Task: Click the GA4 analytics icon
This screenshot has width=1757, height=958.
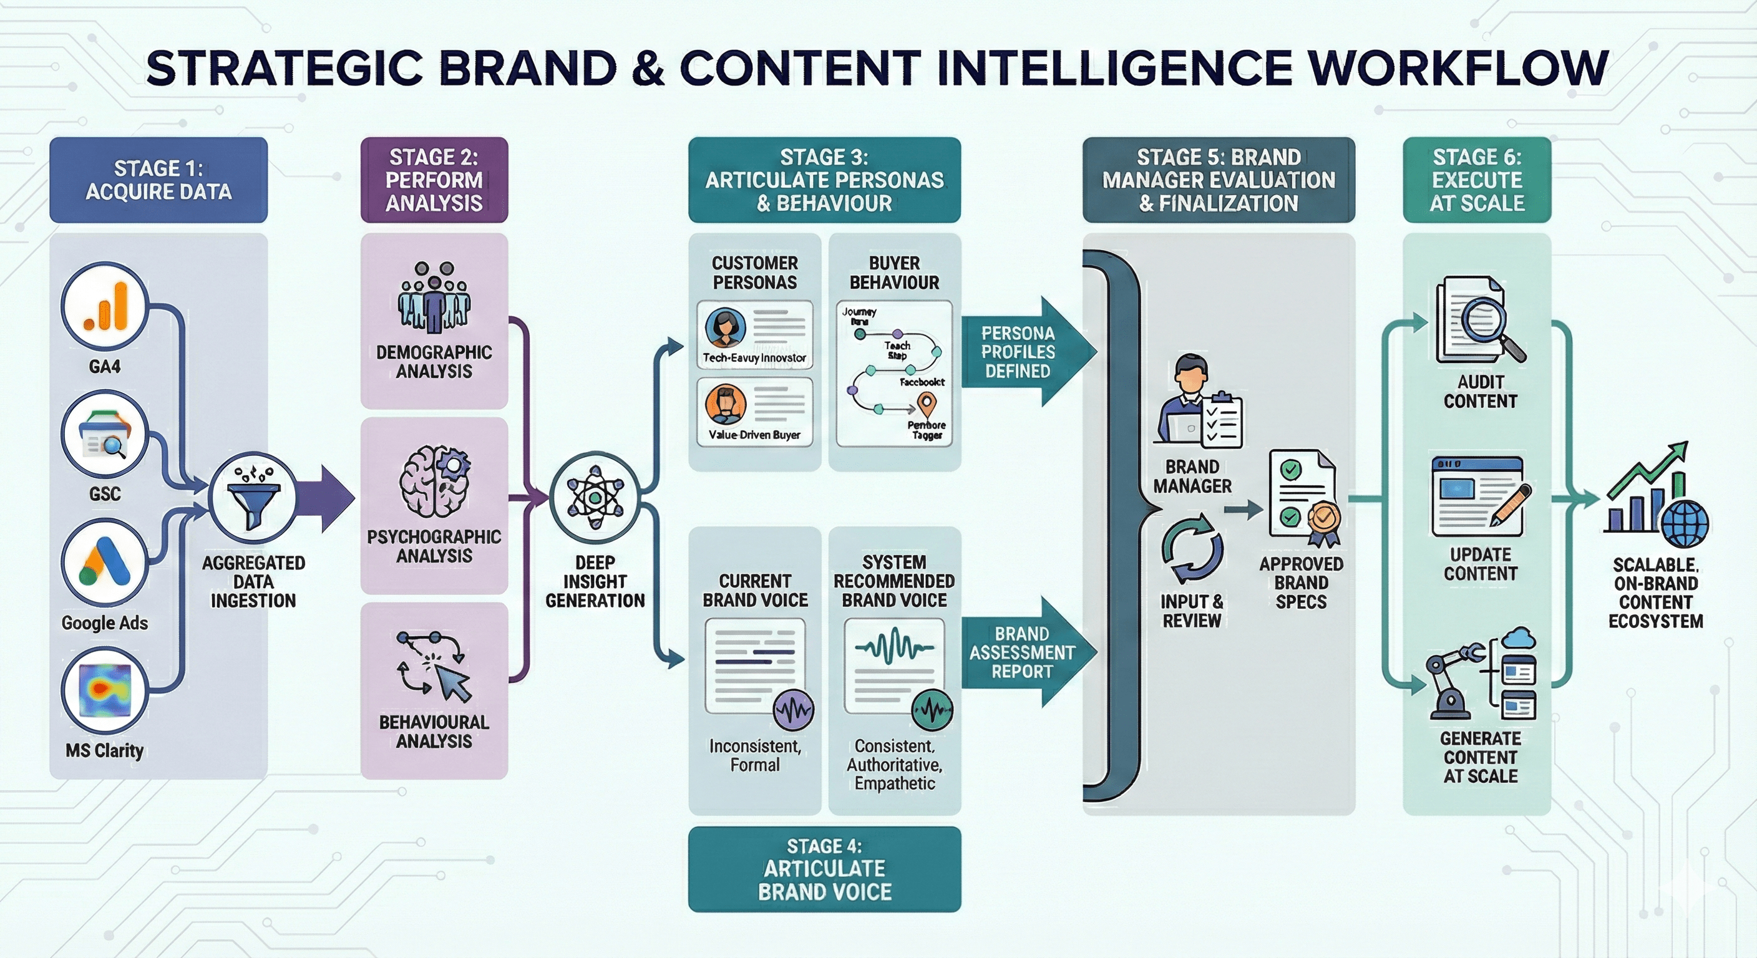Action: click(104, 307)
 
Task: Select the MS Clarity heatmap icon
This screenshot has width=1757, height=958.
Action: click(104, 689)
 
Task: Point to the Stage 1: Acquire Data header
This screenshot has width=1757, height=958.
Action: click(158, 180)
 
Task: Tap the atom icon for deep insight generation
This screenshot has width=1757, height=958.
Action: click(595, 496)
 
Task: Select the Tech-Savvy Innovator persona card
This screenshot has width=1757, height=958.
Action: click(754, 335)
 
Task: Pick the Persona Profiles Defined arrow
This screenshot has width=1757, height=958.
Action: click(1027, 352)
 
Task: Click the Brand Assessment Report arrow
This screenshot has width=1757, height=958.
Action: click(1027, 652)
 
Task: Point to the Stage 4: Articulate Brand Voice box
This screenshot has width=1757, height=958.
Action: click(824, 869)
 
